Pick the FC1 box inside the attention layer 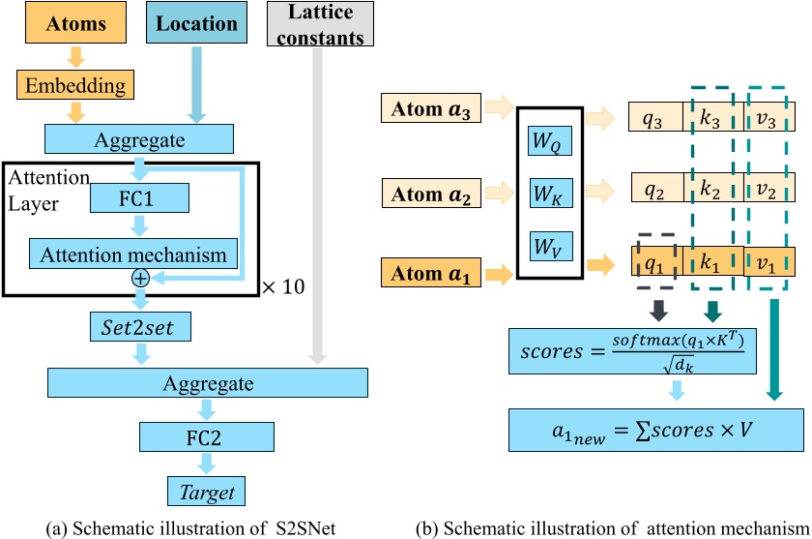[139, 199]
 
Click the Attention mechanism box [133, 255]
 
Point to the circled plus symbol [141, 278]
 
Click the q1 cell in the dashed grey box [656, 260]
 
